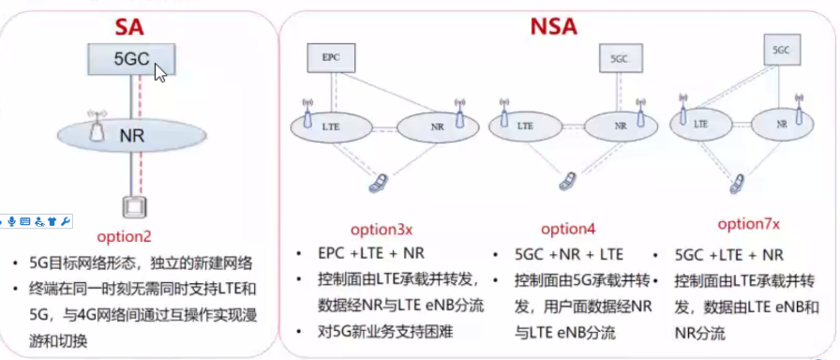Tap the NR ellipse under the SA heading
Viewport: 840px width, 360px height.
[130, 133]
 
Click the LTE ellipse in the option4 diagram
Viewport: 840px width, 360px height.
[525, 124]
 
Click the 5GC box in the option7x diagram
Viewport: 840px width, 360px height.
[780, 50]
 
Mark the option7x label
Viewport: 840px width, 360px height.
[748, 225]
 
